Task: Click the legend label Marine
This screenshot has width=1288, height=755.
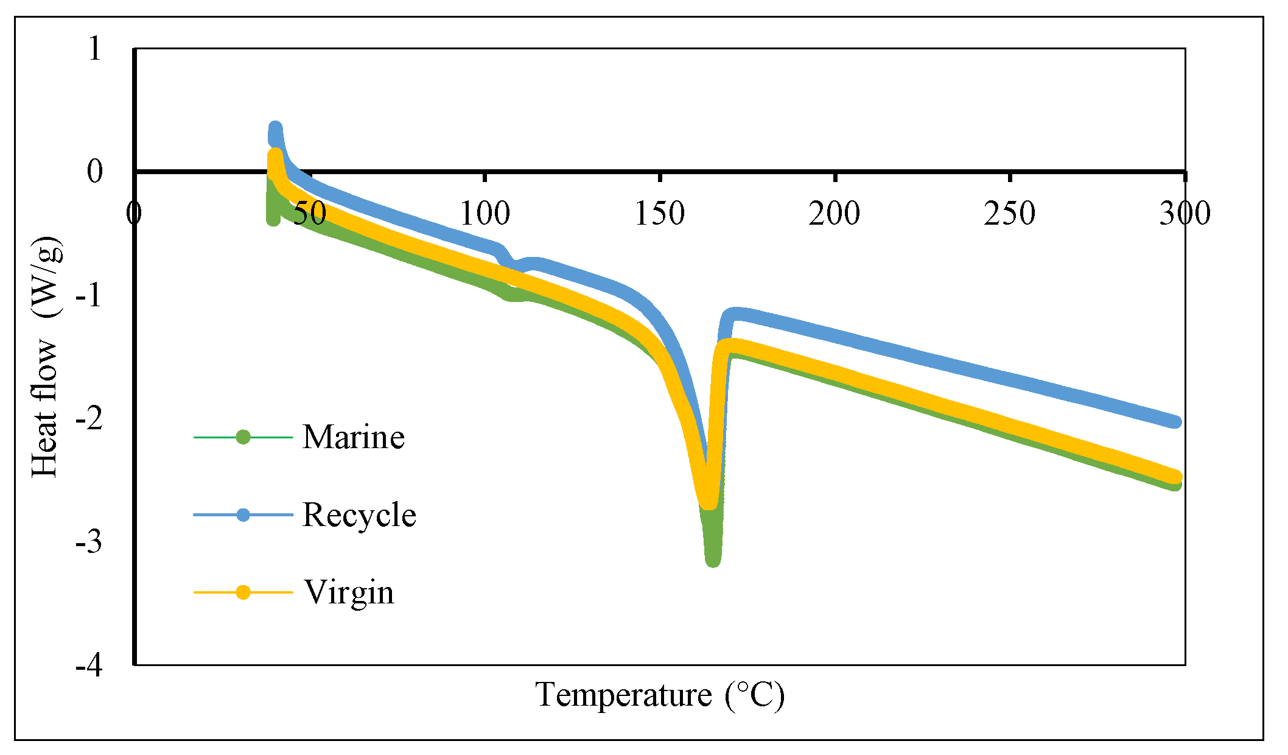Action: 353,437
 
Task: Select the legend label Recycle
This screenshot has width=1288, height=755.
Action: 359,515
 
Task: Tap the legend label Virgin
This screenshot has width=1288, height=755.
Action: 349,592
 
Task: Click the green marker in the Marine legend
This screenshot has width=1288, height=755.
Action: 243,437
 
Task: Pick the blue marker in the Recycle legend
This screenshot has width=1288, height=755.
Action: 243,515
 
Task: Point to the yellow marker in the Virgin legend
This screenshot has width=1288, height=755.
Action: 243,592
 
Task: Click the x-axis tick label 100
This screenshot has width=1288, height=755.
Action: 485,214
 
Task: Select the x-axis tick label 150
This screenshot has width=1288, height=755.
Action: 660,214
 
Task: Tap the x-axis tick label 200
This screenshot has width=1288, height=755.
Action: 835,214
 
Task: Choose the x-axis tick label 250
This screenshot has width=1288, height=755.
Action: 1010,214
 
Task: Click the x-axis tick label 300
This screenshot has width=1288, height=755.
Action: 1185,214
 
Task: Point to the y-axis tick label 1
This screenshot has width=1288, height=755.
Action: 94,49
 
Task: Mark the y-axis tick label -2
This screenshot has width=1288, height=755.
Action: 89,419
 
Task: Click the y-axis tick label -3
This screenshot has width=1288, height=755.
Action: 89,543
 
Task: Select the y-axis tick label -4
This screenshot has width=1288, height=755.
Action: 89,666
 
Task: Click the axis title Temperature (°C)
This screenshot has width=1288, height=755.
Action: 660,695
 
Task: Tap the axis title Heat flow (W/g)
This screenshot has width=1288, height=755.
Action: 47,356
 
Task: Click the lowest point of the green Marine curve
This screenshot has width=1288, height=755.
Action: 713,559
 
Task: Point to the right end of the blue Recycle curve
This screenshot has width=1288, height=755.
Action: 1175,421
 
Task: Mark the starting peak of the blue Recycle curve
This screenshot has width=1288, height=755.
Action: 275,128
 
